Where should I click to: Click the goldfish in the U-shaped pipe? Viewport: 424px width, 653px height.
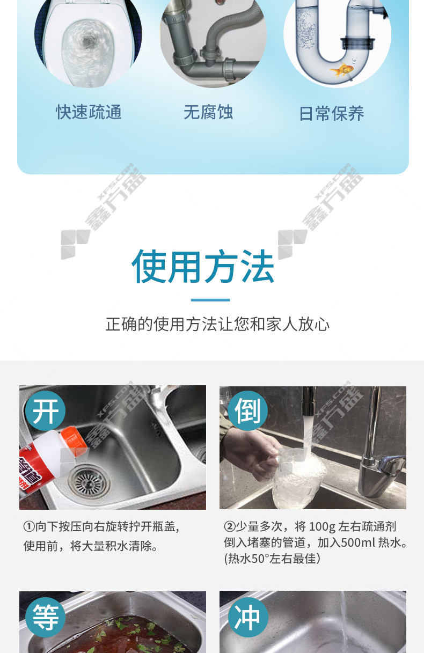[x=342, y=70]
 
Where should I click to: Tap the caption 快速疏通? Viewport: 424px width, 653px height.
[x=89, y=112]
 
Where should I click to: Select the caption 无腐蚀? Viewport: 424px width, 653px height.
[x=208, y=112]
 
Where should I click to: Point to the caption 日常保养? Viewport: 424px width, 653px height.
[x=332, y=113]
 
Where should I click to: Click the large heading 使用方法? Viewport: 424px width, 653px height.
[x=203, y=266]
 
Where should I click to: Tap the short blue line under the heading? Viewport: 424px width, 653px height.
[x=210, y=300]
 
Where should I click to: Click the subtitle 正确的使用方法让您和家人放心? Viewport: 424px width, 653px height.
[x=217, y=324]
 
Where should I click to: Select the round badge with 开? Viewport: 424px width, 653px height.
[x=45, y=411]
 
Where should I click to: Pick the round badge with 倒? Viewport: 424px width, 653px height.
[x=247, y=411]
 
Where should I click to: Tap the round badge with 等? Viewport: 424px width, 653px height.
[x=46, y=617]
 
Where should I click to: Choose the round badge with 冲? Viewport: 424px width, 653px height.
[x=248, y=617]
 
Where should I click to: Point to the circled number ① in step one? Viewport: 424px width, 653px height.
[x=29, y=527]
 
